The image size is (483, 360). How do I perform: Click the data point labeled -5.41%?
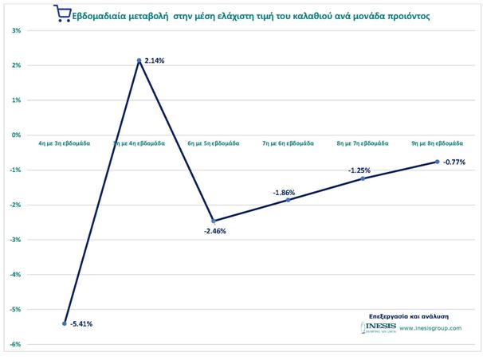[65, 323]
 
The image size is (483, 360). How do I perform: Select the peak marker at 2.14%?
[139, 61]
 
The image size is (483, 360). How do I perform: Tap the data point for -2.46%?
[214, 221]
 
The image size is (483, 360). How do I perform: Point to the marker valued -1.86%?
[289, 200]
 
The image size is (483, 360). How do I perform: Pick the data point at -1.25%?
[363, 178]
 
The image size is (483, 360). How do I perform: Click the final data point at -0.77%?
[438, 162]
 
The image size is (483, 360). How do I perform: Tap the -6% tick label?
[16, 345]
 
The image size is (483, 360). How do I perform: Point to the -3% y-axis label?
[16, 240]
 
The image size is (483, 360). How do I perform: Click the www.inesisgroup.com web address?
[430, 328]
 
